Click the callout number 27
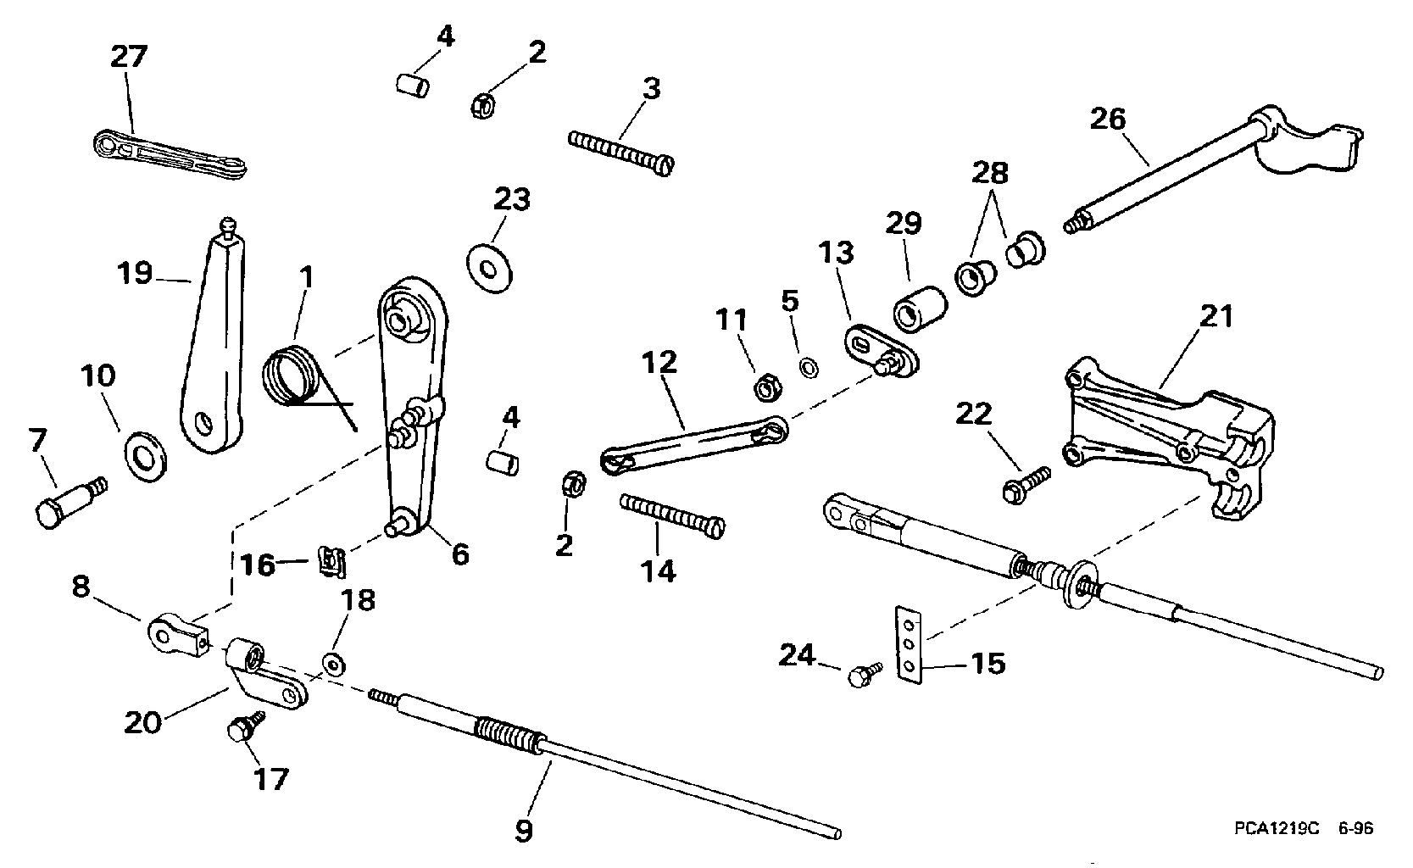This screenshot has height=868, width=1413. (129, 56)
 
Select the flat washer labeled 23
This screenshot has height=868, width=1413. (489, 270)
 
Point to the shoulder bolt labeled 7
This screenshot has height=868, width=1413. (70, 502)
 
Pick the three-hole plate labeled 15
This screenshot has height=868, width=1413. (909, 645)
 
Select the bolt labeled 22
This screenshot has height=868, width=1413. (1026, 484)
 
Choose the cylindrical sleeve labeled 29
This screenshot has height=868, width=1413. (920, 309)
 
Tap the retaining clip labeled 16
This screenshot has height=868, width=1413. (332, 561)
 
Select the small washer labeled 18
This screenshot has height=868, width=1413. (333, 665)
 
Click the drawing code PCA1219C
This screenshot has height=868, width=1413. (1277, 828)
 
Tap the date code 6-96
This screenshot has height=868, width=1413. (1355, 828)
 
